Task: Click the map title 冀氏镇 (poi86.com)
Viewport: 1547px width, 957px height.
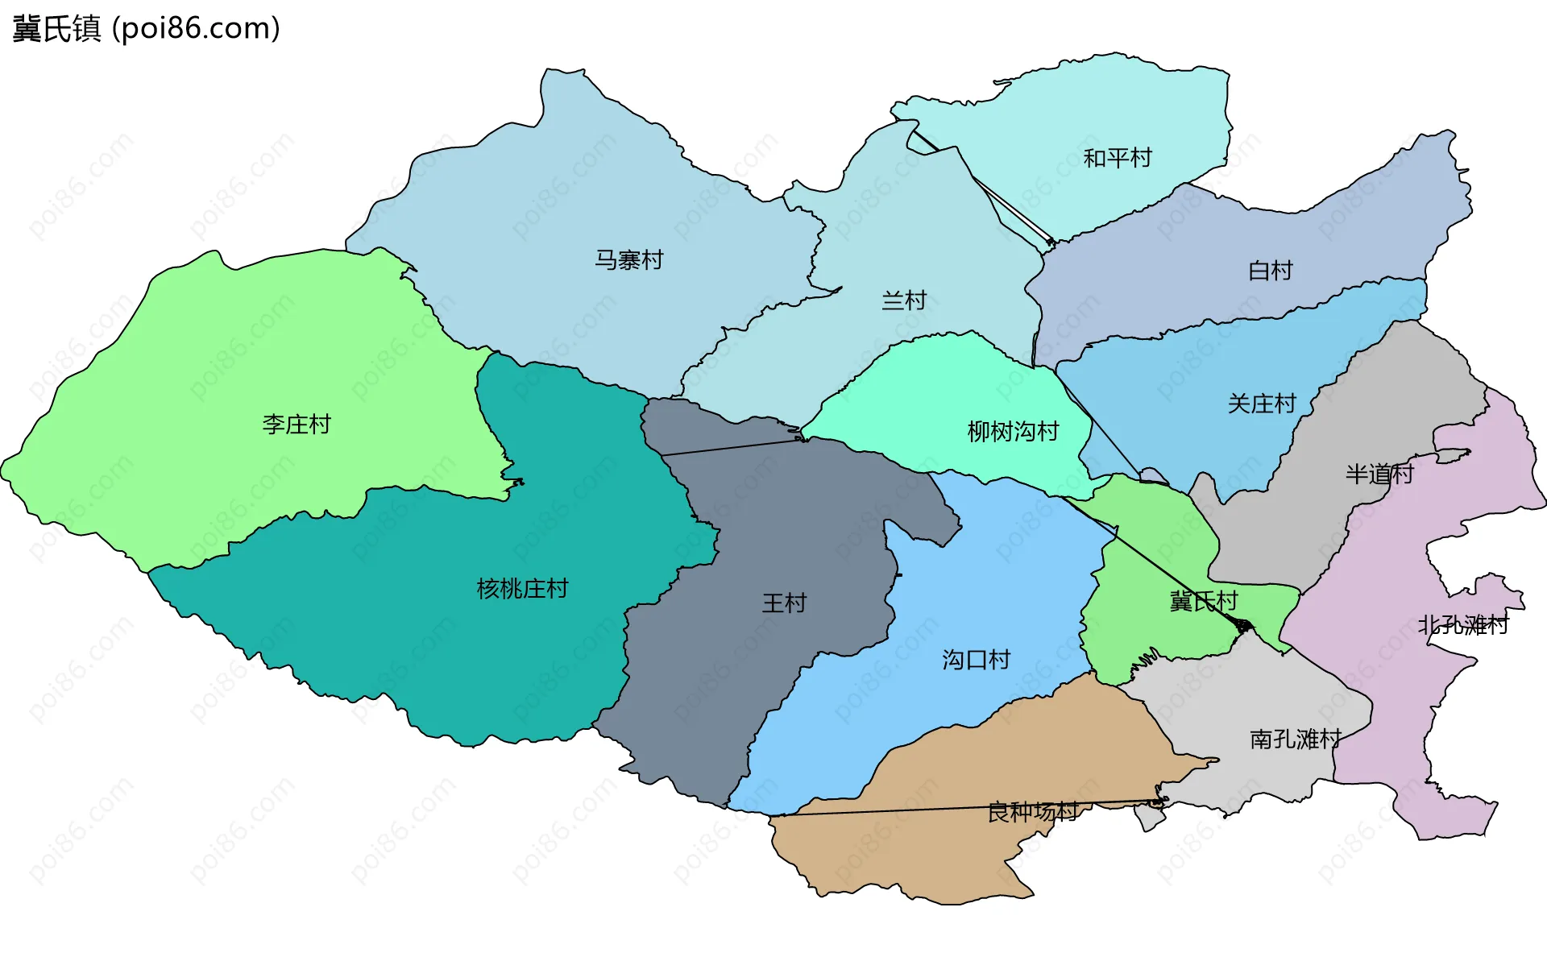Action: tap(146, 29)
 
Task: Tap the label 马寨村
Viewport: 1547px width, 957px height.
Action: tap(628, 260)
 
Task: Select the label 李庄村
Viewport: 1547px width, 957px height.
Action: tap(296, 425)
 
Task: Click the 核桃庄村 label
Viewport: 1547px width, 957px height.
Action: tap(522, 589)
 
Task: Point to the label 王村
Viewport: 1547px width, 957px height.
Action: tap(784, 603)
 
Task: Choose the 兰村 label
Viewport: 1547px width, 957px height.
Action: tap(904, 301)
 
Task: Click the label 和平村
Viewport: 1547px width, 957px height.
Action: tap(1117, 158)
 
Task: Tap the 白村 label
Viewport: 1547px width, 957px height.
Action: tap(1270, 271)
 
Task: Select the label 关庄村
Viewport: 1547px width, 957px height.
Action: tap(1261, 404)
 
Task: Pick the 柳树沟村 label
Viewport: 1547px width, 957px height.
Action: tap(1013, 432)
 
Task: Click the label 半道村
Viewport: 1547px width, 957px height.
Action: tap(1379, 474)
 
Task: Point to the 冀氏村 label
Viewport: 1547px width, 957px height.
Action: tap(1203, 602)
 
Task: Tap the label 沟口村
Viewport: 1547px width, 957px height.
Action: tap(976, 661)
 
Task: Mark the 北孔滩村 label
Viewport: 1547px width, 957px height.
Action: tap(1462, 625)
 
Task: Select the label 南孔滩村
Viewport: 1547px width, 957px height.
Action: tap(1295, 739)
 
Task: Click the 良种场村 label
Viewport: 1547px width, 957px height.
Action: tap(1032, 812)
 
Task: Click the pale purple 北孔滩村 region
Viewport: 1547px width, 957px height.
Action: tap(1386, 709)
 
